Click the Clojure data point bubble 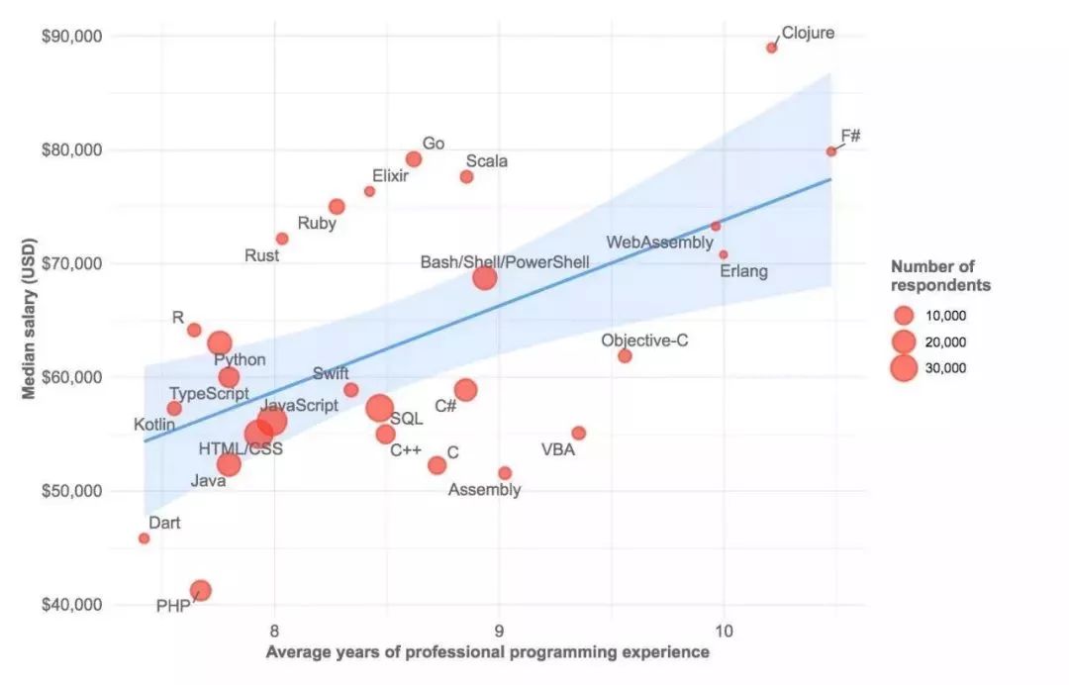pos(772,48)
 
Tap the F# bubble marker pos(831,151)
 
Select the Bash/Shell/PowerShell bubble pos(484,277)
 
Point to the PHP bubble pos(200,591)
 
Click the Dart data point pos(144,538)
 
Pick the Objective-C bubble pos(625,356)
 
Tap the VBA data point pos(579,433)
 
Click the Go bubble pos(414,159)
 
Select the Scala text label pos(487,160)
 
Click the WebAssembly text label pos(659,243)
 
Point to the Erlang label pos(743,271)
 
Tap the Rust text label pos(262,255)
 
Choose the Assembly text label pos(484,490)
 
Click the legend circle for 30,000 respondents pos(903,368)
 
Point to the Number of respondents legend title pos(940,276)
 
